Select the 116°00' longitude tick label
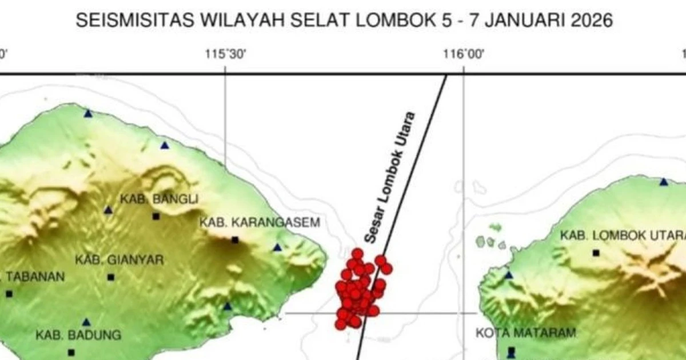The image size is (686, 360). coord(464,54)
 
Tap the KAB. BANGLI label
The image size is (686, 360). coord(151,199)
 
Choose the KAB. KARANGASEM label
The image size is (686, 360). coord(259,223)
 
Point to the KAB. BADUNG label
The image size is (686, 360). coord(78,335)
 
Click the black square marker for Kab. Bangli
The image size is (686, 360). coord(155,217)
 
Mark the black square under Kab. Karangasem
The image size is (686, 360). coord(234,240)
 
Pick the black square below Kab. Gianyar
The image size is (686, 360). coord(110,277)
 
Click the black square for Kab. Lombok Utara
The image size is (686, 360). coord(596,252)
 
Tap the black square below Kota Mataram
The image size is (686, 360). coord(511,350)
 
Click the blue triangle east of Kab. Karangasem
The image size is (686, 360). coord(277,247)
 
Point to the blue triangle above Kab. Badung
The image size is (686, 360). coord(86,322)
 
